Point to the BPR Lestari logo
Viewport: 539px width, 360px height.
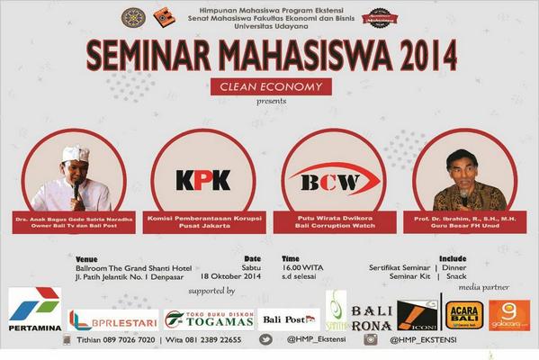(113, 320)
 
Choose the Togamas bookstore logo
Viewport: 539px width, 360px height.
(209, 319)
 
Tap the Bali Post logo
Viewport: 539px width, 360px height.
(289, 319)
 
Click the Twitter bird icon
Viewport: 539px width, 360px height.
(266, 340)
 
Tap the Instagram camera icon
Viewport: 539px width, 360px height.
(371, 340)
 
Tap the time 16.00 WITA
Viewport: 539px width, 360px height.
(301, 266)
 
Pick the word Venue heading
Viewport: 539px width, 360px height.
(87, 258)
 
